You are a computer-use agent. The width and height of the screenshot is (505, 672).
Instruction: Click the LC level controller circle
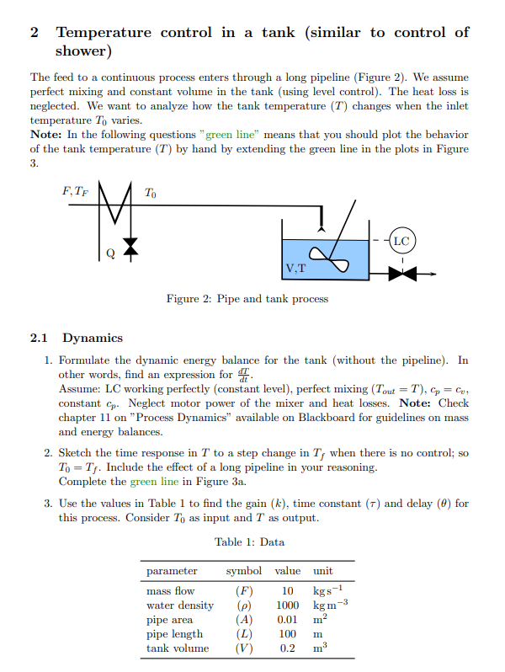click(401, 240)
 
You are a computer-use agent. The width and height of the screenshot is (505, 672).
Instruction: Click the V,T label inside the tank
click(295, 270)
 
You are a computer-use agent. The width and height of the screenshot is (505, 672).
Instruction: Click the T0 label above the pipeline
click(151, 193)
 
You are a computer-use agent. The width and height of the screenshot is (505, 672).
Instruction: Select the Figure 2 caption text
click(247, 299)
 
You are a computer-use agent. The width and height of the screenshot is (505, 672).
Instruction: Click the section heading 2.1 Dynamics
click(77, 338)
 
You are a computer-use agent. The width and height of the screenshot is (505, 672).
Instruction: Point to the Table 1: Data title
click(249, 541)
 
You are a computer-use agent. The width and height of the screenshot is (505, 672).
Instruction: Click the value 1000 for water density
click(287, 605)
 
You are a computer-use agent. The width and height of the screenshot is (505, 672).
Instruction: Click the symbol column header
click(243, 570)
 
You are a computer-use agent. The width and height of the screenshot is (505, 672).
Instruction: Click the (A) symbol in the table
click(242, 619)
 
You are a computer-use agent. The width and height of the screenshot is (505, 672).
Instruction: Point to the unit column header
click(323, 570)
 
